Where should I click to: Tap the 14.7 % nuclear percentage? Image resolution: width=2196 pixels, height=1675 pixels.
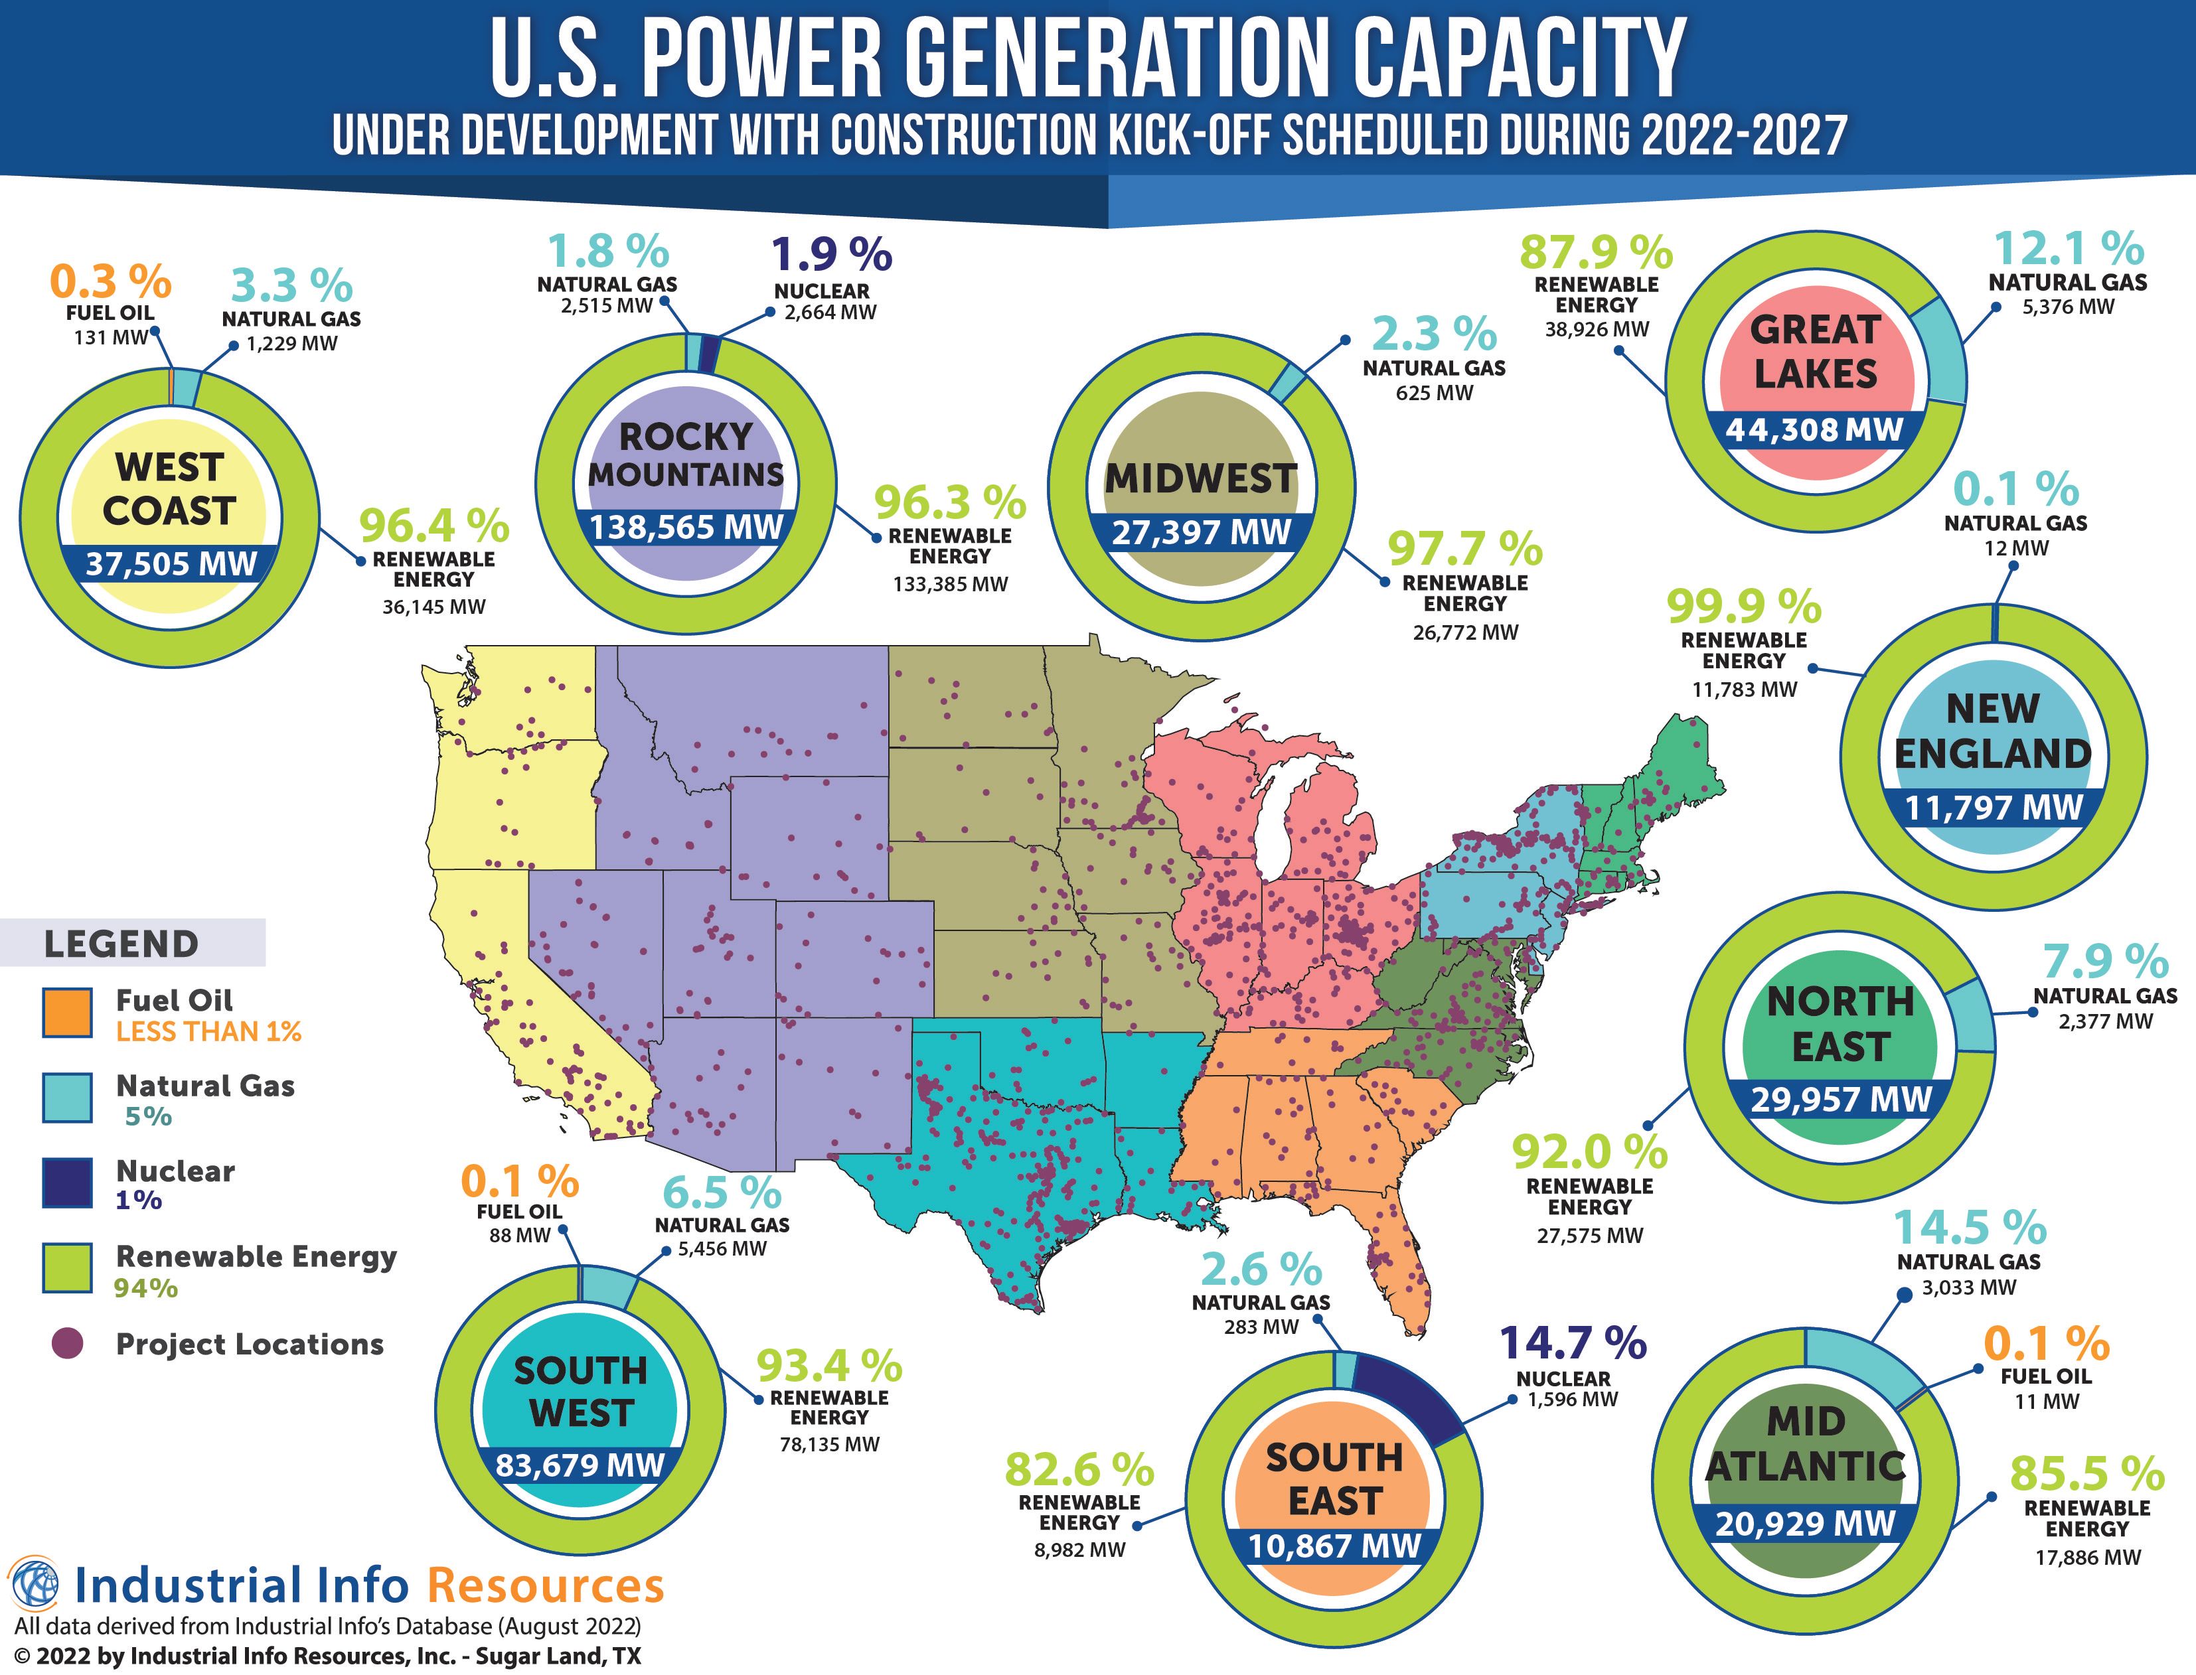point(1573,1343)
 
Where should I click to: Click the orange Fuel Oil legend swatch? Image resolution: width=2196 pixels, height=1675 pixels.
point(67,1013)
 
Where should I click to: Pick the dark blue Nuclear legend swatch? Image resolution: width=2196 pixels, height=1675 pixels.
point(67,1183)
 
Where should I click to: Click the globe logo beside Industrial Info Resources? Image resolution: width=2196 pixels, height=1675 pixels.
point(33,1583)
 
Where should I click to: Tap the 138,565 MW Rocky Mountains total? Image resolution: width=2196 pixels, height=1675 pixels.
point(686,528)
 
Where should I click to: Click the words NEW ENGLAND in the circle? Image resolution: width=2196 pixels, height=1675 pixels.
point(1993,731)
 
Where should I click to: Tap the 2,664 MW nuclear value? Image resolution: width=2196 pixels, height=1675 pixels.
point(830,312)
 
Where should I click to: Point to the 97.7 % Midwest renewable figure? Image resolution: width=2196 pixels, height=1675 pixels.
point(1465,549)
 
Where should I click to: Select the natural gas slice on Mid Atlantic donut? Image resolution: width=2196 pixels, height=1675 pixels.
point(1863,1364)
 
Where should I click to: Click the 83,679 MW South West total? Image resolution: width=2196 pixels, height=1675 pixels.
point(580,1465)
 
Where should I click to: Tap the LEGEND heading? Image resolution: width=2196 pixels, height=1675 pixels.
point(121,943)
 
